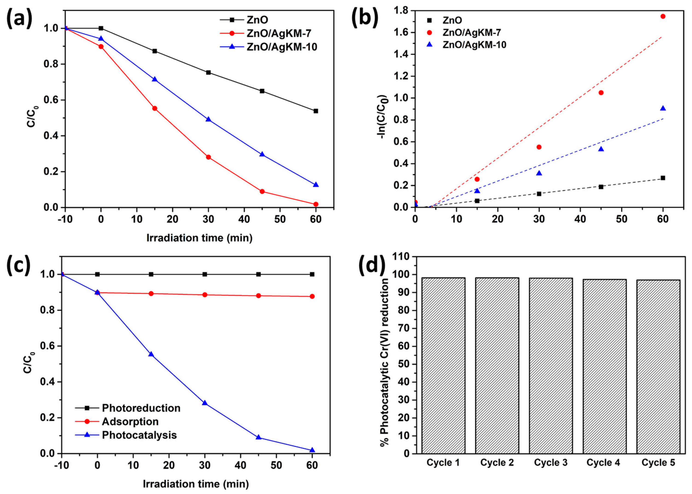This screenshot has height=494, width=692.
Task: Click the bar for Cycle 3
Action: point(551,365)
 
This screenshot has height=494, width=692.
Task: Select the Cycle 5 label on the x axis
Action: point(658,463)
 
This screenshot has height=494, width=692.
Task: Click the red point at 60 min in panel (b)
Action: point(663,16)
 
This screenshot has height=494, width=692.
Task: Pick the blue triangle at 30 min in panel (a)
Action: point(208,119)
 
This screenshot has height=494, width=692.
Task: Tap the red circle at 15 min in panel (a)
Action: point(155,108)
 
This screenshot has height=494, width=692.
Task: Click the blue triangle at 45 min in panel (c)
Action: point(258,437)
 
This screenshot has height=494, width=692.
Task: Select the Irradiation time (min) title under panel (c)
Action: point(196,484)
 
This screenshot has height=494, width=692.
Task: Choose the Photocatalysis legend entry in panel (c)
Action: point(139,435)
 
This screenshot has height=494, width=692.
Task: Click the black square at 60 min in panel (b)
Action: point(663,178)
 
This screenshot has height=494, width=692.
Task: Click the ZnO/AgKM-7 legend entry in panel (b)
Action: point(472,32)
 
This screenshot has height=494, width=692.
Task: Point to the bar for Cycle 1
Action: point(443,365)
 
